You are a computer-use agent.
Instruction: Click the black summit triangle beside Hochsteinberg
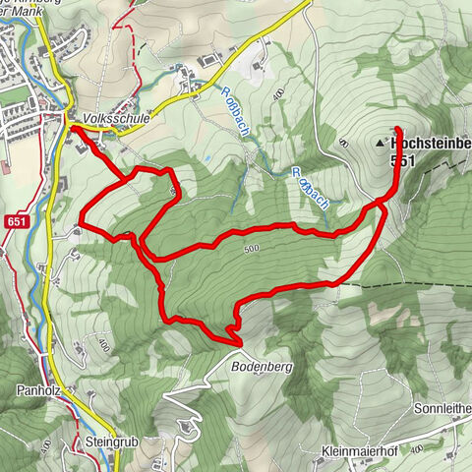coord(381,144)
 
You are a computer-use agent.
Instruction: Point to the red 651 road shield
coord(13,222)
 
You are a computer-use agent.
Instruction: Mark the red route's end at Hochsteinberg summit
coord(397,130)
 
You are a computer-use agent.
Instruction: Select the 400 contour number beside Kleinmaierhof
coord(416,447)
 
